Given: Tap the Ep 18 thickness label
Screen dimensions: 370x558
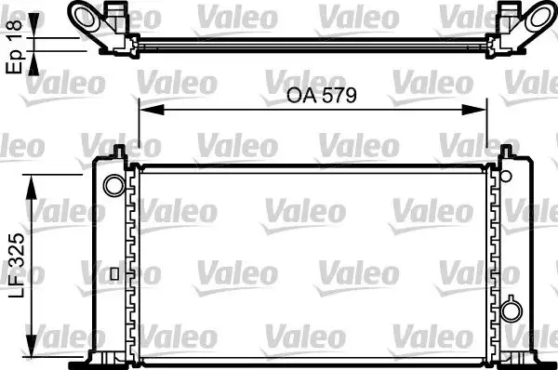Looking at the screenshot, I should pos(15,42).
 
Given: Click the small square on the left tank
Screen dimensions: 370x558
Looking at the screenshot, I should pos(113,273).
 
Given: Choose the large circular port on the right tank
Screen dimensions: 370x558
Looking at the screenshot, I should pos(511,311).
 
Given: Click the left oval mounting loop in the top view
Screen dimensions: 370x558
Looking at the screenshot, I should pos(87,16).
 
